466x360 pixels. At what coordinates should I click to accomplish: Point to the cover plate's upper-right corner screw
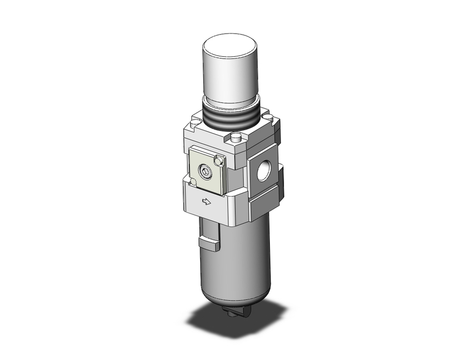pos(218,161)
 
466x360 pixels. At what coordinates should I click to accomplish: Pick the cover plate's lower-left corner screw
pos(193,181)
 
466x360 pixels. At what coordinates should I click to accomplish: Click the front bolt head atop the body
pos(237,138)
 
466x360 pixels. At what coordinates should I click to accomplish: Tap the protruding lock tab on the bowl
pos(209,244)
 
